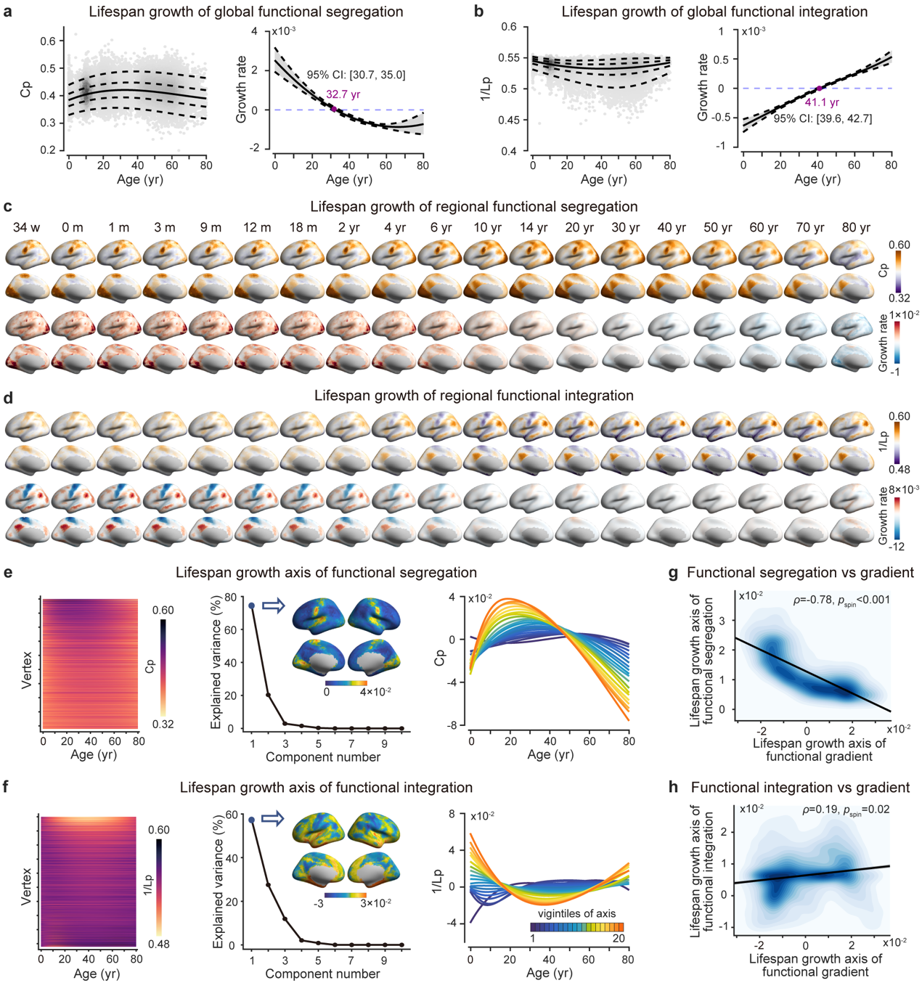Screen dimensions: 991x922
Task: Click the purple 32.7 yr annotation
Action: coord(343,94)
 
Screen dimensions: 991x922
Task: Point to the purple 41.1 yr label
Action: coord(822,102)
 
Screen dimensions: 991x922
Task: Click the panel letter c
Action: coord(7,207)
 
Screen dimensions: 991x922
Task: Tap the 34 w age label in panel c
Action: coord(26,227)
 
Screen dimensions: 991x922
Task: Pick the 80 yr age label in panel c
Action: coord(856,227)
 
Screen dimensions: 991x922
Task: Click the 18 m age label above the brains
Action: coord(303,227)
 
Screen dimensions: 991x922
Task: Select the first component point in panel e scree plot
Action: coord(251,605)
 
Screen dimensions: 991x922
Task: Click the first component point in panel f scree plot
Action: coord(251,820)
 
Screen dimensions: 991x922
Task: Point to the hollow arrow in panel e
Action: coord(273,605)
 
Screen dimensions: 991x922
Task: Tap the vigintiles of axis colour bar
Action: coord(576,926)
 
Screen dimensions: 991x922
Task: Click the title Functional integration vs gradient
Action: coord(800,788)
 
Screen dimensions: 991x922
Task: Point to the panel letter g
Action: coord(673,573)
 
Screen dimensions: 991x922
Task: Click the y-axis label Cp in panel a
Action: coord(26,89)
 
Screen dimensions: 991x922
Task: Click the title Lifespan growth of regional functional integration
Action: coord(473,396)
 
